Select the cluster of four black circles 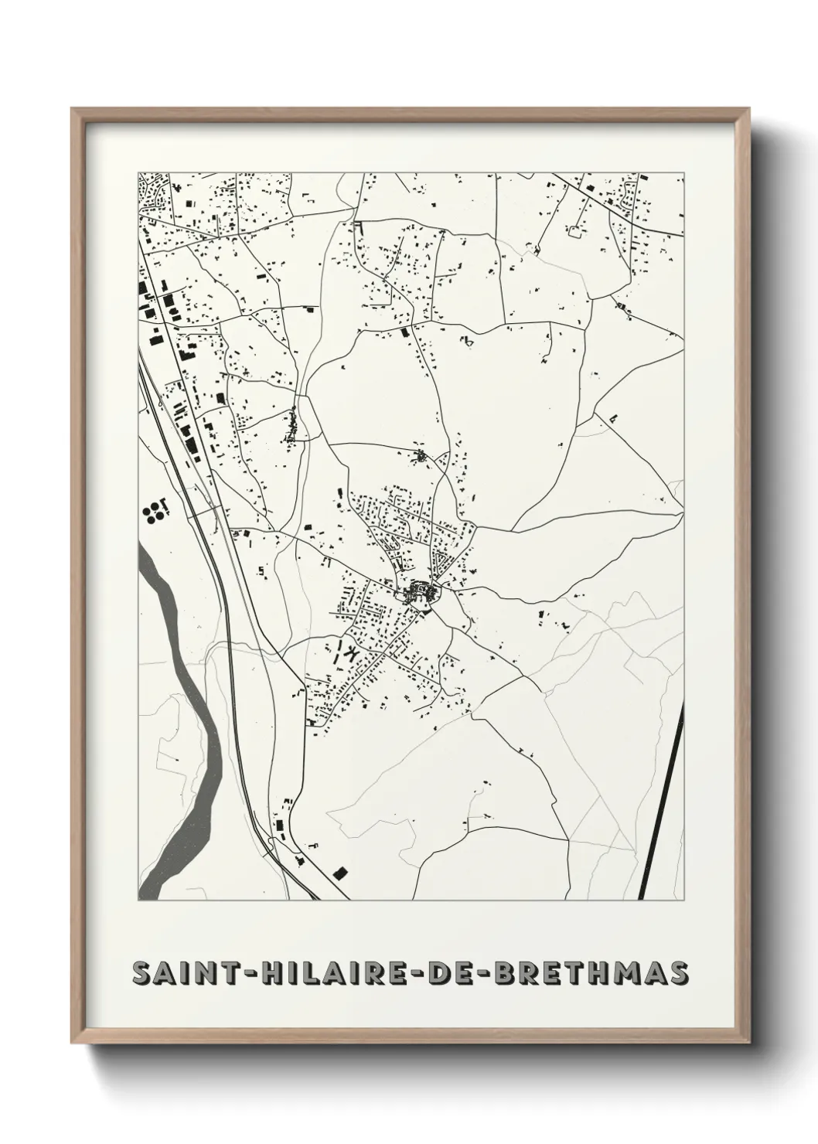153,511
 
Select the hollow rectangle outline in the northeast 575,230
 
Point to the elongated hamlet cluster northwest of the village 292,427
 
